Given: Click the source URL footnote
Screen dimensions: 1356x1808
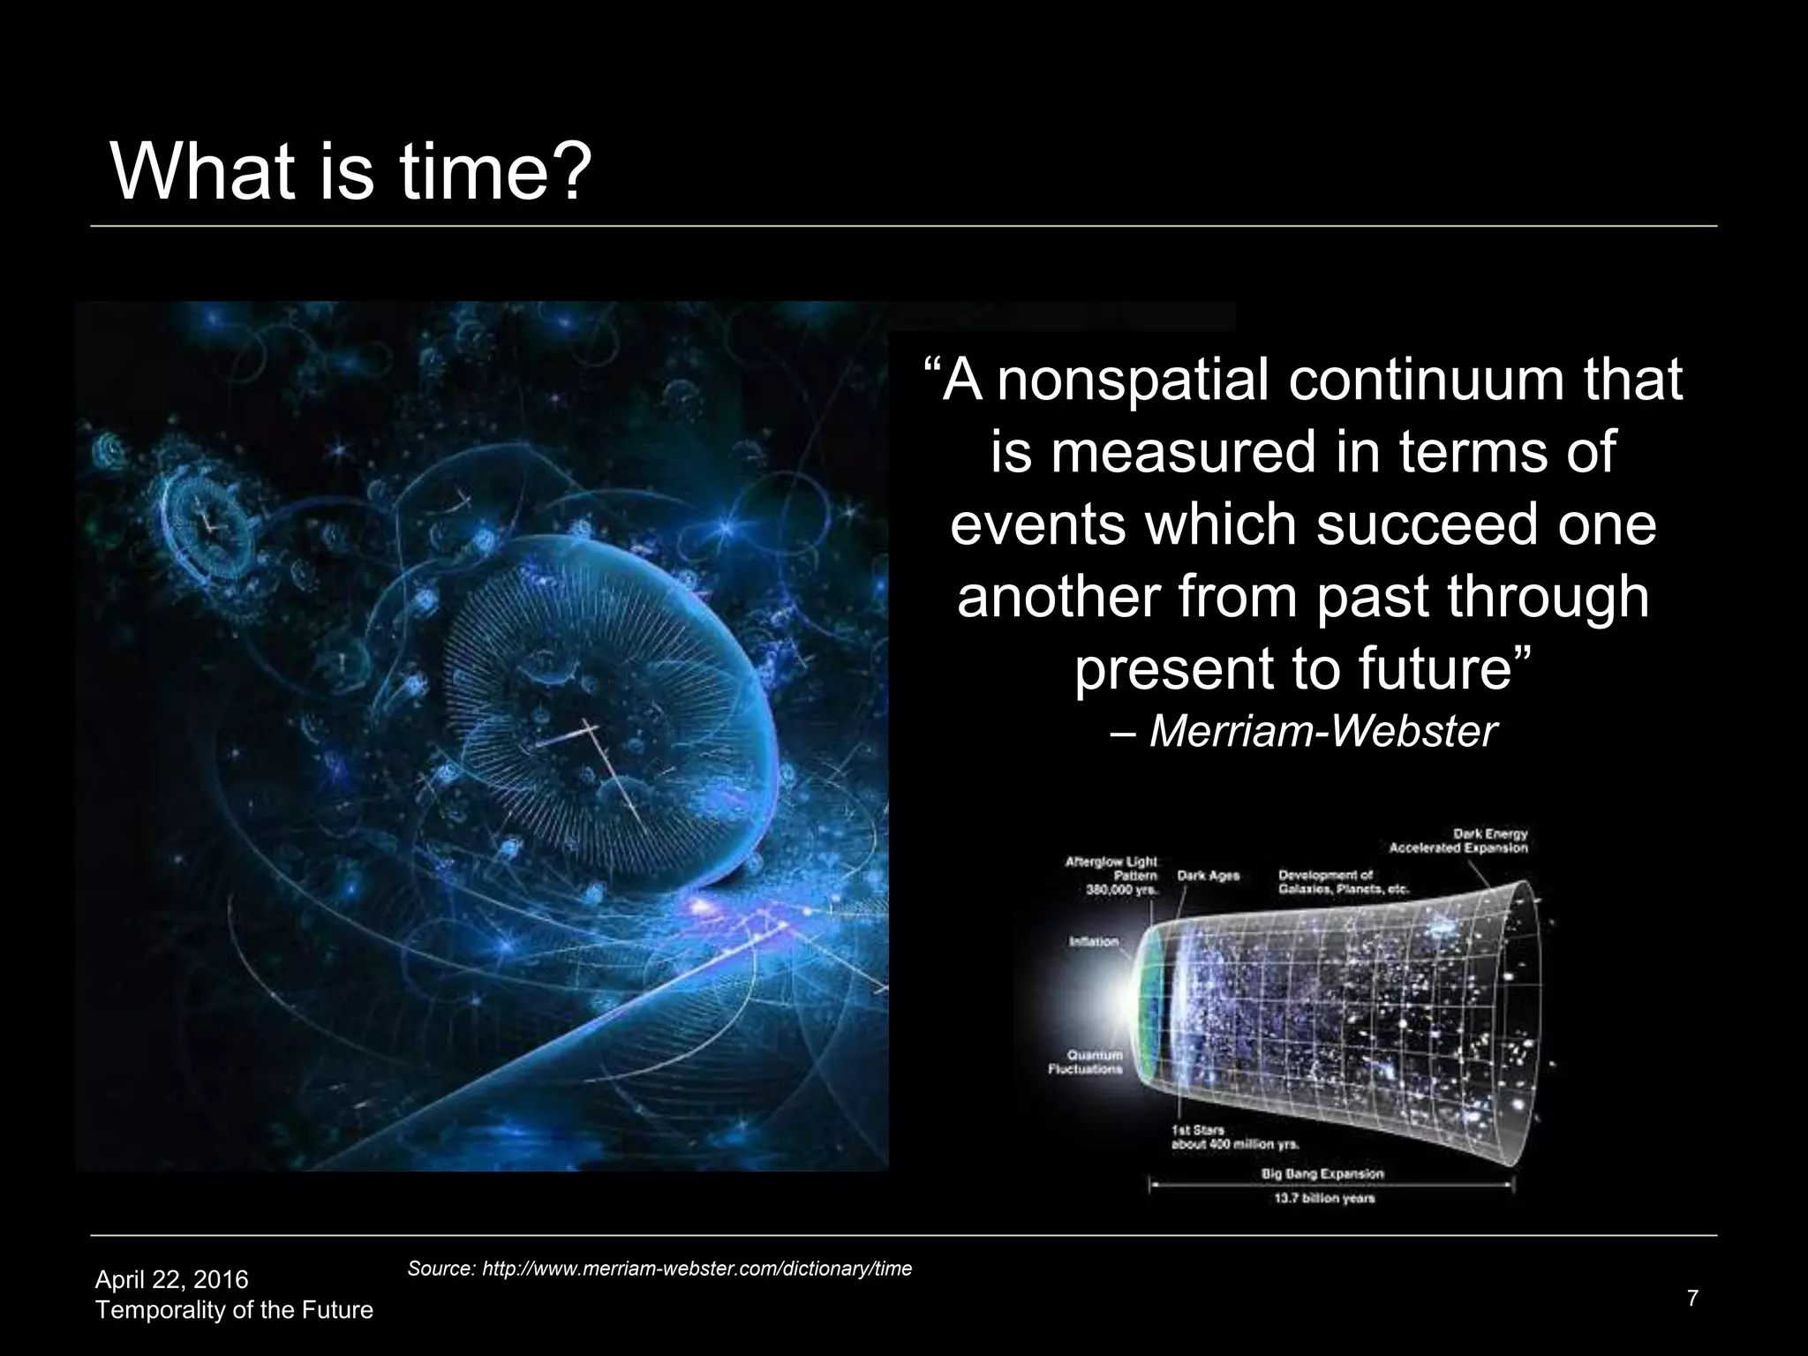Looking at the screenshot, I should [659, 1269].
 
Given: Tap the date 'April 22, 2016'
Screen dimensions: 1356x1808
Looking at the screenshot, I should [172, 1279].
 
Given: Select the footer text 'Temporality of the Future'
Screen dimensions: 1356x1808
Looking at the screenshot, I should [234, 1310].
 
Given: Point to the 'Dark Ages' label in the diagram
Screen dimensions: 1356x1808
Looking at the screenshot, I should [1208, 876].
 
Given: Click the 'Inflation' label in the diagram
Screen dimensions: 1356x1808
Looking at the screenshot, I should [1094, 941].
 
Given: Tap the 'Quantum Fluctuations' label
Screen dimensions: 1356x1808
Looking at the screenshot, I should [1086, 1062].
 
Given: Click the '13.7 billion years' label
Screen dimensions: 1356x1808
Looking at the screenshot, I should [1324, 1199].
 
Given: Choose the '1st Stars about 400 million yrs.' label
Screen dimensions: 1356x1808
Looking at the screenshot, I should [1222, 1137].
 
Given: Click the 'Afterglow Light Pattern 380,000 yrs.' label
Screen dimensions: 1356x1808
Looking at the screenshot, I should [1111, 876].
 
